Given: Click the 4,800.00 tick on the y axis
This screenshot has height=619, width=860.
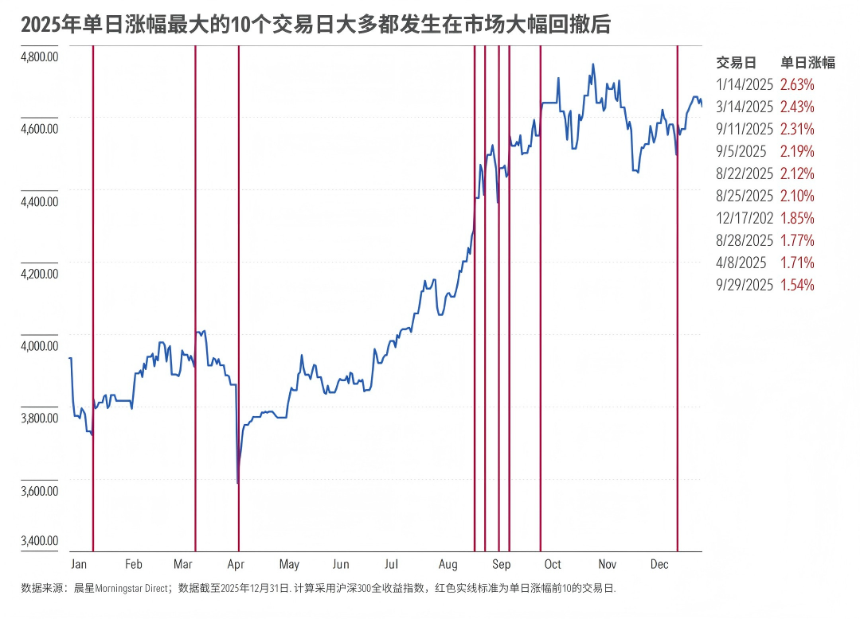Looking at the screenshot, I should coord(40,56).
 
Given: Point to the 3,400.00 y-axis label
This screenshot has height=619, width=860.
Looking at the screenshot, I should coord(40,541).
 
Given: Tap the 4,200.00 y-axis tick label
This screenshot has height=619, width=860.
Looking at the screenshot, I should coord(40,274).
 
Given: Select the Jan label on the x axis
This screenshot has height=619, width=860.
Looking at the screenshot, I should coord(79,564).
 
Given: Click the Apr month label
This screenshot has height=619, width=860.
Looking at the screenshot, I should coord(236,564).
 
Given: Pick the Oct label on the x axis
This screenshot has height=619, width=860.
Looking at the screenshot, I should coord(553,564).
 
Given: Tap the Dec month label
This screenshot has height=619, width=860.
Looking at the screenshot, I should coord(659,564).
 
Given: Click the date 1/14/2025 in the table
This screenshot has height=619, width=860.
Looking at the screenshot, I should coord(745,84).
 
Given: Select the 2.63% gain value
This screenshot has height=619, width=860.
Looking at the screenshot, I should coord(797,84).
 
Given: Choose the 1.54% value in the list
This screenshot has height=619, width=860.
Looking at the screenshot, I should coord(797,285).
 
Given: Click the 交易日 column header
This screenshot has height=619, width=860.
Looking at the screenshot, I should coord(736,63).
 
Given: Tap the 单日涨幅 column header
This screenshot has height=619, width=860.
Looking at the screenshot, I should coord(807,63).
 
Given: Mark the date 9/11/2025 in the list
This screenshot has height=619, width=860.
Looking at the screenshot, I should coord(745,129).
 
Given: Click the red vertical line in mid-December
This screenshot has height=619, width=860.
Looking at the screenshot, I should coord(677,318).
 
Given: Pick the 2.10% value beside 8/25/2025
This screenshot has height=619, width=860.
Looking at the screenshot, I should coord(797,196).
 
